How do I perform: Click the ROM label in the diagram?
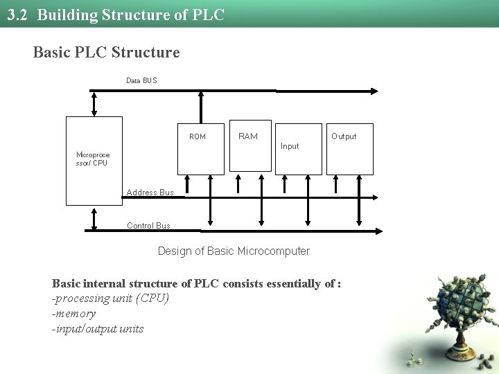click(198, 136)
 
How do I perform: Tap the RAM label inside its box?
click(247, 136)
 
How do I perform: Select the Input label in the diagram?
click(290, 146)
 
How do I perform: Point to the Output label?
click(344, 136)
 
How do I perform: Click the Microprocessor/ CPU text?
click(92, 159)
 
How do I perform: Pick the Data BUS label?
click(141, 81)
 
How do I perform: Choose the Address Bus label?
click(150, 193)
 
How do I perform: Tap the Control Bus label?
click(148, 226)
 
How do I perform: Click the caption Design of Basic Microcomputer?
click(234, 251)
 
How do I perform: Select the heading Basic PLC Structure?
click(106, 52)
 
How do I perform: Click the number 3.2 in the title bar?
click(17, 15)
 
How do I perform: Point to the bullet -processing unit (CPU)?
click(110, 299)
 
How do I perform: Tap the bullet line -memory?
click(73, 314)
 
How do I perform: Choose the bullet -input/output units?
click(98, 329)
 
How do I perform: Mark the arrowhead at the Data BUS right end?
click(374, 91)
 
